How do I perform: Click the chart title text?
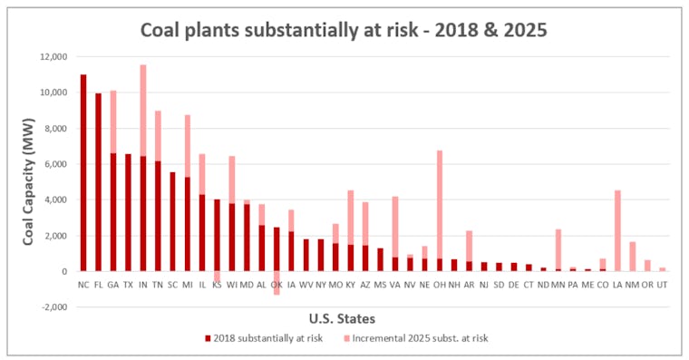[344, 29]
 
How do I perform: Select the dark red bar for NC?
[83, 172]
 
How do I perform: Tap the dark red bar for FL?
[98, 181]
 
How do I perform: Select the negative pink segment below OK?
[277, 283]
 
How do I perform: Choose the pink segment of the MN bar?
[558, 248]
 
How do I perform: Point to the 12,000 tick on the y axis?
[52, 56]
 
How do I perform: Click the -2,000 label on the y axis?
[52, 306]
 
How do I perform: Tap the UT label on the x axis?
[662, 283]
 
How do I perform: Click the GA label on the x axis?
[113, 283]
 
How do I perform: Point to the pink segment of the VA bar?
[395, 227]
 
